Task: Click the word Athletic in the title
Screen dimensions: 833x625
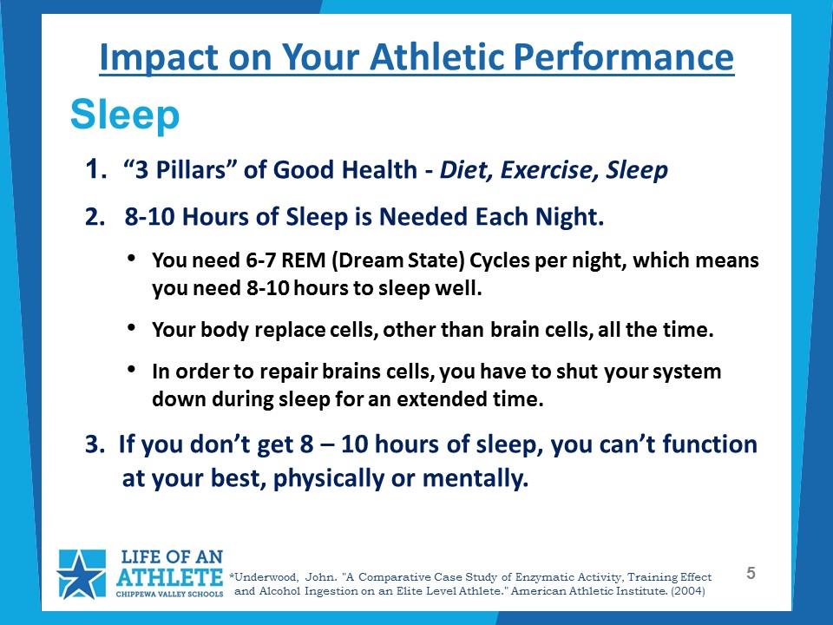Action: coord(437,56)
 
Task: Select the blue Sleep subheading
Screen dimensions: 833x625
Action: coord(125,115)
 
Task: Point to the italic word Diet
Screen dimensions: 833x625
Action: coord(466,170)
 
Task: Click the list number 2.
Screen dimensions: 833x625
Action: coord(95,217)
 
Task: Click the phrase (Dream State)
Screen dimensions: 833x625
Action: coord(398,260)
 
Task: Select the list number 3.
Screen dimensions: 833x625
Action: coord(95,444)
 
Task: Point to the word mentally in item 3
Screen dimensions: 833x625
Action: coord(475,478)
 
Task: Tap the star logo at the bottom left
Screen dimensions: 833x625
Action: coord(82,574)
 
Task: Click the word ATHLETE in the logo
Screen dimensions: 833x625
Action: coord(169,577)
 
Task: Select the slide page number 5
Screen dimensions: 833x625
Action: coord(751,573)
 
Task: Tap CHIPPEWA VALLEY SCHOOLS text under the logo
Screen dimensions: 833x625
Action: coord(169,594)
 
